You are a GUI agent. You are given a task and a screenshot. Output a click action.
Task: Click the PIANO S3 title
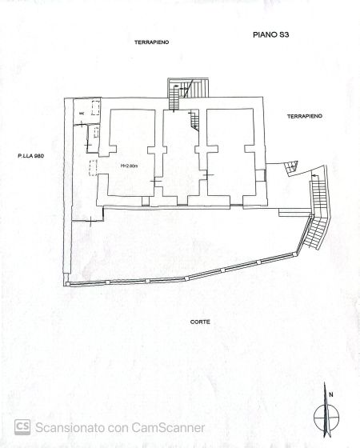click(270, 35)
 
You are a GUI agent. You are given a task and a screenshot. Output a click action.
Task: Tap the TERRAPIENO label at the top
click(152, 42)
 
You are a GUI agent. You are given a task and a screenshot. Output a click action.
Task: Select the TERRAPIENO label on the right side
click(305, 116)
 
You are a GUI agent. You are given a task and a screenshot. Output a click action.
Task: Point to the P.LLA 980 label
click(31, 156)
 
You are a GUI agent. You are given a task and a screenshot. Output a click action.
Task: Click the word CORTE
click(200, 322)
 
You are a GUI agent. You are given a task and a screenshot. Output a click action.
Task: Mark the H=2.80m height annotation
click(130, 166)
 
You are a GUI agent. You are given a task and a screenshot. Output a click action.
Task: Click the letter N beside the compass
click(331, 395)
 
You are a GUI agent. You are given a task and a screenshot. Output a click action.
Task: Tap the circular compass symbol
click(326, 418)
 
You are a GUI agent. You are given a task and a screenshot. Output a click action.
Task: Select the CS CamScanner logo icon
click(22, 427)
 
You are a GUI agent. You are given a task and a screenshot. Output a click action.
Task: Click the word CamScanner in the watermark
click(168, 428)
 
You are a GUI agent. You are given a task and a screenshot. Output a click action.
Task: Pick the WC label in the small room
click(82, 114)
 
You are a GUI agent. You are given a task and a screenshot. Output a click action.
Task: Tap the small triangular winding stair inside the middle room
click(194, 120)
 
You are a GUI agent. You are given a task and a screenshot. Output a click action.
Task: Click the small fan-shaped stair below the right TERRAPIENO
click(291, 168)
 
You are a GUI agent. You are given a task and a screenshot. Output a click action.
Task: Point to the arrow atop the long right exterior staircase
click(314, 175)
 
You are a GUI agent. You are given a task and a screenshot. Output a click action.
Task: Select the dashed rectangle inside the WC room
click(96, 108)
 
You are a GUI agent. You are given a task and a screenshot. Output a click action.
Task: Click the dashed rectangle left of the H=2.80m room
click(93, 168)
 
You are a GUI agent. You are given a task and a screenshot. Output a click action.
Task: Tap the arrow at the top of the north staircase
click(176, 86)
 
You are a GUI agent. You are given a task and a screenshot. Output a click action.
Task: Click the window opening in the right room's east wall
click(265, 175)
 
